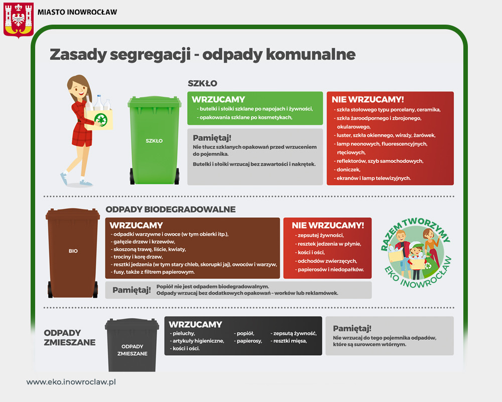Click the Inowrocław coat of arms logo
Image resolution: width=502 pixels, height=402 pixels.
(x=19, y=20)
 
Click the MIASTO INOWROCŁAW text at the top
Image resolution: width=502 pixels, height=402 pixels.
(x=77, y=12)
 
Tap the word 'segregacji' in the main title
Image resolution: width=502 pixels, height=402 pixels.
(x=150, y=55)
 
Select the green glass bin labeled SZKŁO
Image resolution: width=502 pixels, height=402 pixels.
(x=154, y=140)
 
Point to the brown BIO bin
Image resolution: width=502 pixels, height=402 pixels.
(x=73, y=253)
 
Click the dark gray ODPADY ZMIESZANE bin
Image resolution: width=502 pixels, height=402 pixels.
(x=132, y=345)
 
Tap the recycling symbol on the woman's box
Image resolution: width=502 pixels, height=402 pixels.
(x=101, y=120)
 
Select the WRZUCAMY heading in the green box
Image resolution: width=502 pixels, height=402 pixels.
(x=218, y=99)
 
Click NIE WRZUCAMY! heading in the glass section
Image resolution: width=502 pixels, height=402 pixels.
(x=367, y=99)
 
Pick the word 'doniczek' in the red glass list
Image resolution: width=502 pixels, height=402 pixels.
(x=348, y=169)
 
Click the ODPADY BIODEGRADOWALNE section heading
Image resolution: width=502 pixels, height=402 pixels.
(x=171, y=210)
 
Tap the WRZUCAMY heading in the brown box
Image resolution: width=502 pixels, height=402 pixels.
(x=137, y=225)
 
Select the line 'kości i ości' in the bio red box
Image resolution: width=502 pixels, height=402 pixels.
(x=311, y=252)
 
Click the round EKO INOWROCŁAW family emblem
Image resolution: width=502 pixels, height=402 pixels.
(x=416, y=253)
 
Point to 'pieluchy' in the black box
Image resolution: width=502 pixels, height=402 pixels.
(x=183, y=333)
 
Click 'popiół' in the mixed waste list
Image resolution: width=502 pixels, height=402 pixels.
(x=245, y=333)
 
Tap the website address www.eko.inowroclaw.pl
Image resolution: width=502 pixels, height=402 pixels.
(x=71, y=382)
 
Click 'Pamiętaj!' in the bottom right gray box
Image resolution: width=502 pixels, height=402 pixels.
(x=352, y=329)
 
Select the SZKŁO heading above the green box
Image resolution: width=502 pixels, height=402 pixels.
(x=202, y=84)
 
